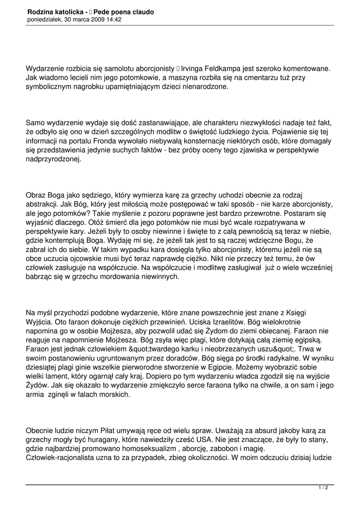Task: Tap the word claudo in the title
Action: pyautogui.click(x=141, y=11)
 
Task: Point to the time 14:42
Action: pyautogui.click(x=113, y=20)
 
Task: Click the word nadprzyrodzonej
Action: pyautogui.click(x=55, y=160)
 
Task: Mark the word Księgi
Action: pyautogui.click(x=308, y=313)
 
